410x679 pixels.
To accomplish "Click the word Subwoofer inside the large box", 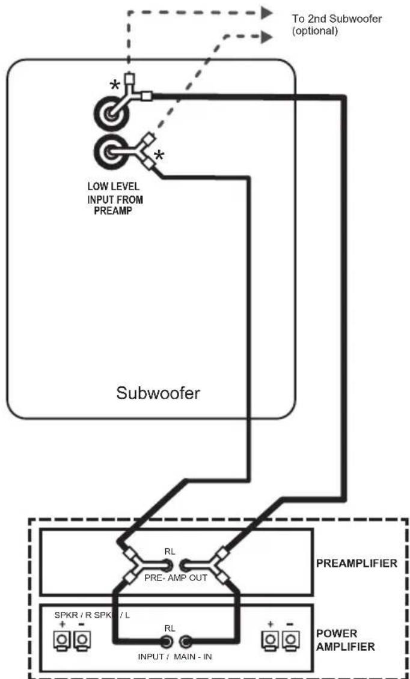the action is pyautogui.click(x=158, y=393).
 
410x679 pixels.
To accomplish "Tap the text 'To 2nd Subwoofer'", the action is pyautogui.click(x=337, y=19).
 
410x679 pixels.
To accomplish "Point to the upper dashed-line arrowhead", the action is pyautogui.click(x=266, y=13).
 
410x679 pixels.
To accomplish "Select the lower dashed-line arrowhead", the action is pyautogui.click(x=266, y=38).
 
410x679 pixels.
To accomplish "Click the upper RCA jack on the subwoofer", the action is pyautogui.click(x=111, y=114).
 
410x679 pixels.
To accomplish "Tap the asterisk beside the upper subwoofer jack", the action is pyautogui.click(x=115, y=85).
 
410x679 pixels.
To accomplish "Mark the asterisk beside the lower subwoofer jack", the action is pyautogui.click(x=159, y=155).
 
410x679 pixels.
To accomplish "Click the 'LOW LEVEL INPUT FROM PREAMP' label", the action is pyautogui.click(x=115, y=200).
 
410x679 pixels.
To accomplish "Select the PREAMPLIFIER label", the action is pyautogui.click(x=356, y=563).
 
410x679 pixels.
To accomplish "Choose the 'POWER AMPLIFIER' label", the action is pyautogui.click(x=346, y=640).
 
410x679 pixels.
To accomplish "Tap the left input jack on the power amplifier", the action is pyautogui.click(x=165, y=641).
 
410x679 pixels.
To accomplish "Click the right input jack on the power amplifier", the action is pyautogui.click(x=186, y=641).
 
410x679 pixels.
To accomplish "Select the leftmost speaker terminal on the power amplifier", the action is pyautogui.click(x=62, y=639).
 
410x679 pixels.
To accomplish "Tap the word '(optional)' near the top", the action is pyautogui.click(x=315, y=32).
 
